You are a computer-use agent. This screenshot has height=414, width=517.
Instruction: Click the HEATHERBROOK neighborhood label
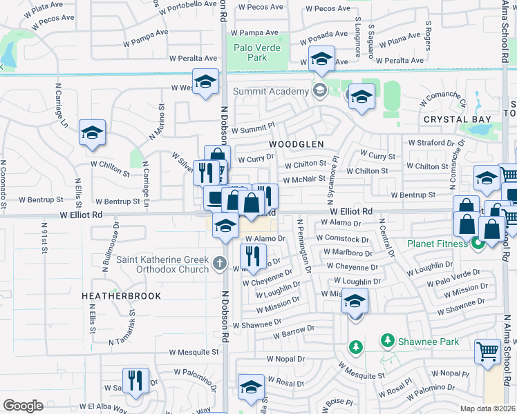click(121, 296)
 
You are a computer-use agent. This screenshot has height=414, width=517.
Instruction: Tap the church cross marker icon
click(219, 262)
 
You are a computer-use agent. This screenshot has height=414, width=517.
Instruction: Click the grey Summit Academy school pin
click(320, 90)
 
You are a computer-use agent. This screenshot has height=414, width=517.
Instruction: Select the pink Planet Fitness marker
click(477, 244)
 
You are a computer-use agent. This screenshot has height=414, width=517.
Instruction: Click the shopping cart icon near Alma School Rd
click(487, 351)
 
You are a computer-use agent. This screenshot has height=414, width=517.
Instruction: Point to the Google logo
click(23, 406)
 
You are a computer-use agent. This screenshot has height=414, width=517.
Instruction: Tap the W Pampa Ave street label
click(142, 33)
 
